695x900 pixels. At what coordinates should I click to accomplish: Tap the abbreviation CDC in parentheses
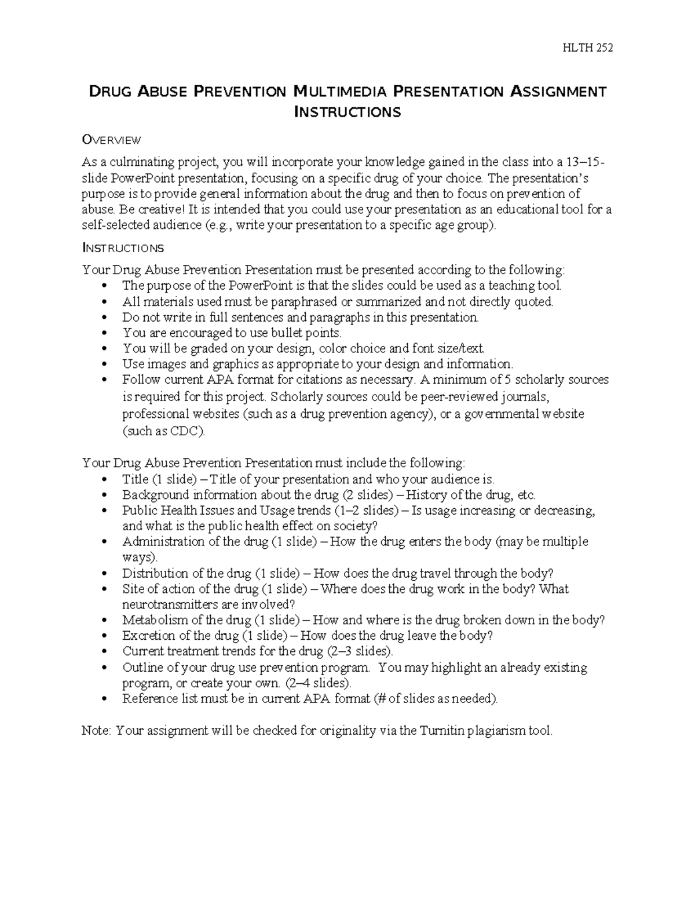click(x=185, y=431)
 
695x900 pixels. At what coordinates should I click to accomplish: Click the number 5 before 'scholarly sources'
click(x=509, y=380)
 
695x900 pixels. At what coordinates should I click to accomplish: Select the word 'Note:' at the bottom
click(x=96, y=731)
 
